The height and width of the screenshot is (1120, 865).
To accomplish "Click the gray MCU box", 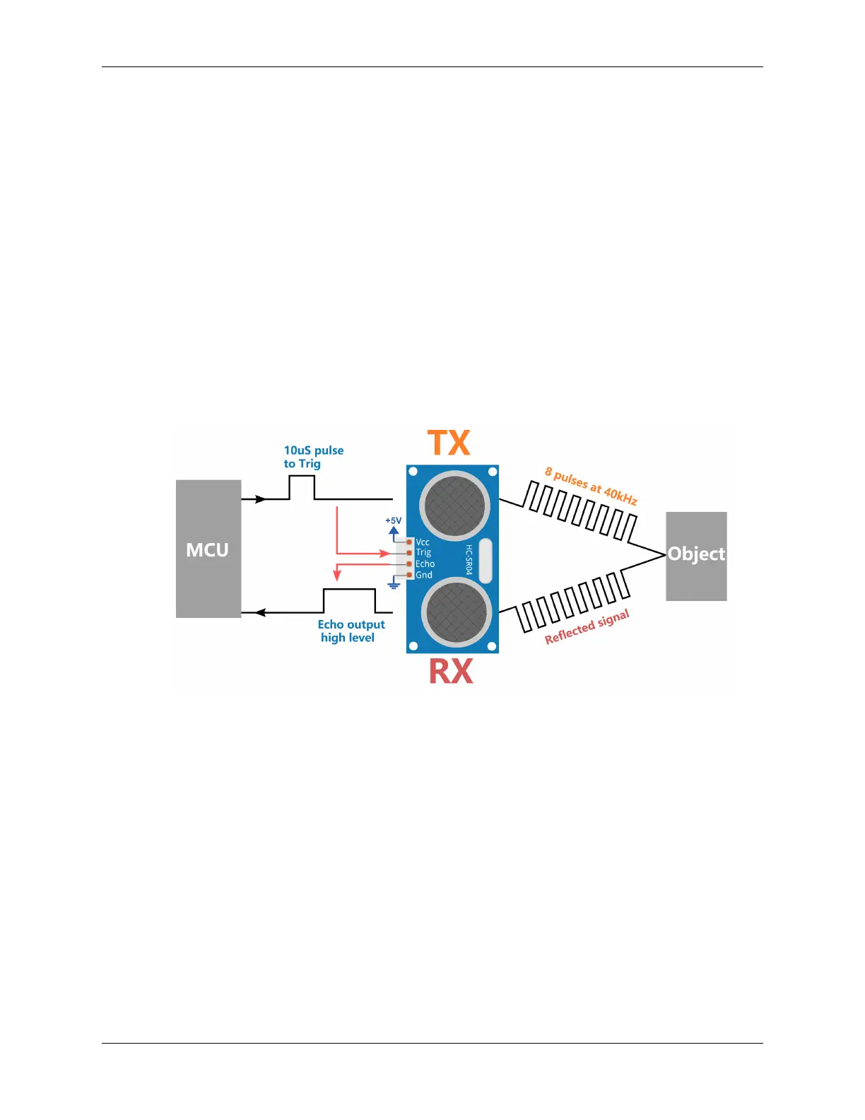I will [x=208, y=549].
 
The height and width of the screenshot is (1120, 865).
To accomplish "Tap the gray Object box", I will [x=696, y=556].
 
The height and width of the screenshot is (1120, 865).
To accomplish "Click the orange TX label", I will [x=449, y=443].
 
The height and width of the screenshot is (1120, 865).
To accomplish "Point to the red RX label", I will [x=451, y=671].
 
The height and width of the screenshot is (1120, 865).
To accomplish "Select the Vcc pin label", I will [x=423, y=542].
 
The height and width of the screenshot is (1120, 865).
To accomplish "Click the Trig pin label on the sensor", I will [x=423, y=553].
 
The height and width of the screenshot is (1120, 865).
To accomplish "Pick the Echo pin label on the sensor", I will [x=425, y=564].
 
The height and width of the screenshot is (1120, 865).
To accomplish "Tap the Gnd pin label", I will [x=423, y=575].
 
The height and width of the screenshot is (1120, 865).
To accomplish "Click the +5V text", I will [x=393, y=520].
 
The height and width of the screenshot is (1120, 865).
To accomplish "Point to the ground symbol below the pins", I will [x=394, y=585].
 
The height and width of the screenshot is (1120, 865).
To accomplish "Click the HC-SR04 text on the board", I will [x=469, y=559].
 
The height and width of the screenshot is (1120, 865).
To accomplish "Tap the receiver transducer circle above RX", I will [x=456, y=612].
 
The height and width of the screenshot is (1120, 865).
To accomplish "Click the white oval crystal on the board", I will [x=486, y=560].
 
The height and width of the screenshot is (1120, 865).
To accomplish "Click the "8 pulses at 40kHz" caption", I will [x=591, y=486].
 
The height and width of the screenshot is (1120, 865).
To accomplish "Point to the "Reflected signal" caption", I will [x=587, y=627].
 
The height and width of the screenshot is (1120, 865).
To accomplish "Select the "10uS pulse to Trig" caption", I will [x=313, y=457].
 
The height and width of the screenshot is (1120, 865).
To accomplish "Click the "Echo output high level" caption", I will [x=351, y=631].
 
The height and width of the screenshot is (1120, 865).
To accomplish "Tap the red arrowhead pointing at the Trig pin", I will [x=385, y=554].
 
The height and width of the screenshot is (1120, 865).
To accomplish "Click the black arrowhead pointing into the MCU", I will [x=259, y=612].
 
